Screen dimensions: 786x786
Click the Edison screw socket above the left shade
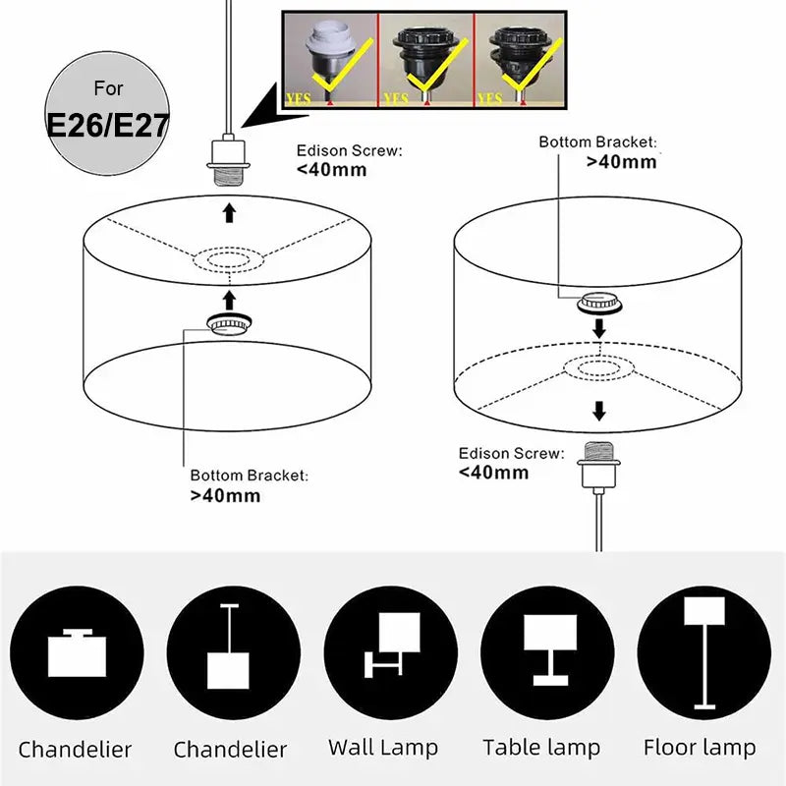[x=229, y=163]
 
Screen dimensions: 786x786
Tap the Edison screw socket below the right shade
[x=596, y=465]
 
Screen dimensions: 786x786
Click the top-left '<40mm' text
[x=332, y=169]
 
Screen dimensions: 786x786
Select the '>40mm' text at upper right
[x=621, y=161]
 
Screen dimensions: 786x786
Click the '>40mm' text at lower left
[x=225, y=495]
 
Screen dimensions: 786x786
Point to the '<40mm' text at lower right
[x=493, y=472]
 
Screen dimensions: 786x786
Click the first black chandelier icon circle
[x=75, y=651]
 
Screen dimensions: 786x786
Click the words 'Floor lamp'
[x=699, y=748]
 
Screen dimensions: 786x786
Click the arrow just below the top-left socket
[x=229, y=211]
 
